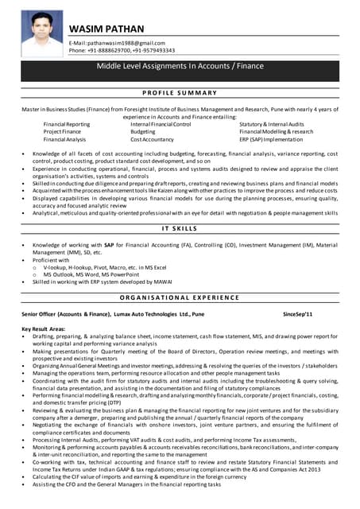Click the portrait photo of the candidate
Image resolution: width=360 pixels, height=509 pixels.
(x=42, y=33)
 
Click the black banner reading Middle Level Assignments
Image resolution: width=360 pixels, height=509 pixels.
(x=180, y=68)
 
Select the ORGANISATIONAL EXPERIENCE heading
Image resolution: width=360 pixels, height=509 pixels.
(x=180, y=297)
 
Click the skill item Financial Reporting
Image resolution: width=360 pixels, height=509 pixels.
(x=67, y=124)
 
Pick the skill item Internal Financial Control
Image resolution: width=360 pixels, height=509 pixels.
(x=161, y=124)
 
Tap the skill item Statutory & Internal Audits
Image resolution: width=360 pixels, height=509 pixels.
(x=272, y=124)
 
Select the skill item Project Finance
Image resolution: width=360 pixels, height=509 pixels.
(x=63, y=131)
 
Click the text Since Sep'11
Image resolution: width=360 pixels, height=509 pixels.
(x=298, y=315)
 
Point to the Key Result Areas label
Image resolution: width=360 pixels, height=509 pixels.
(x=45, y=328)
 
